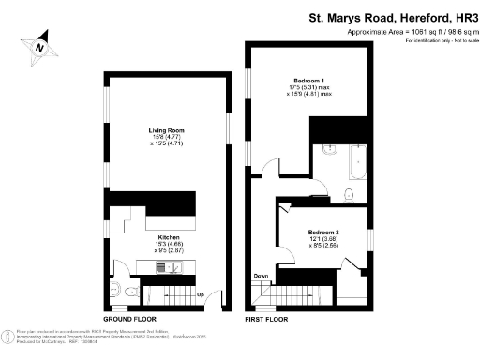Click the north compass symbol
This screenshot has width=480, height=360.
(39, 44)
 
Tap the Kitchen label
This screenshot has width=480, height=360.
(169, 237)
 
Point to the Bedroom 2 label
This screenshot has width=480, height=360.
(323, 232)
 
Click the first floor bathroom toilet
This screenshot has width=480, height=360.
(348, 195)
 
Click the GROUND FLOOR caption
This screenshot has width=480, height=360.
(129, 320)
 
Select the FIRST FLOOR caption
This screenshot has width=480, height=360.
(265, 320)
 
